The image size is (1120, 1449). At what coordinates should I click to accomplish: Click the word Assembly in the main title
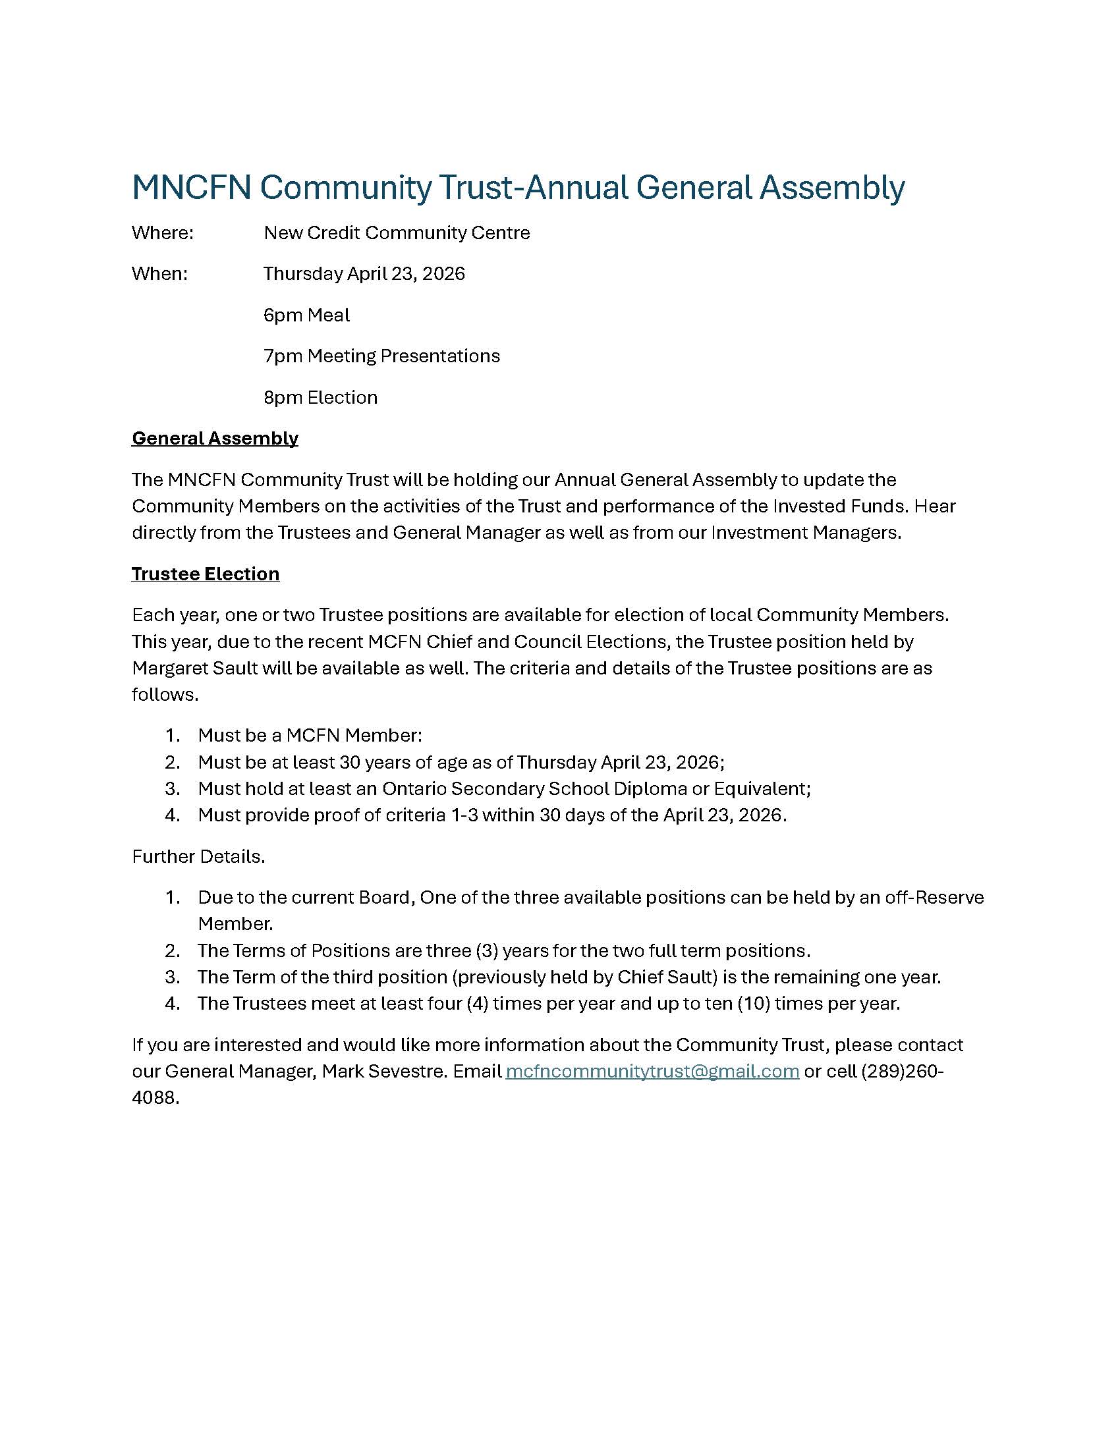[x=831, y=188]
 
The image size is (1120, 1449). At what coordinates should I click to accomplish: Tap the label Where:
[x=163, y=233]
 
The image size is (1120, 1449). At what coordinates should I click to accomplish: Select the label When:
[x=159, y=274]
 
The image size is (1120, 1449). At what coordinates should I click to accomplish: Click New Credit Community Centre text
[x=397, y=233]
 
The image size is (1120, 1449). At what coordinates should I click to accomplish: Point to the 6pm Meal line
[x=306, y=315]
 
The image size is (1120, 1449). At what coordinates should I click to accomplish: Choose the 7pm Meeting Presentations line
[x=381, y=356]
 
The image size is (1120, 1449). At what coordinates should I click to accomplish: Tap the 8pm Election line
[x=320, y=397]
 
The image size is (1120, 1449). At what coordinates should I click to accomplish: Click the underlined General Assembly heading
[x=215, y=439]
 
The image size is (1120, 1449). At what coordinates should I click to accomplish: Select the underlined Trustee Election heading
[x=205, y=574]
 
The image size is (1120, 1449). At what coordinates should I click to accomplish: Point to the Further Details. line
[x=198, y=856]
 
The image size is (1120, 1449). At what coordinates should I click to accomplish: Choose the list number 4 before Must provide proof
[x=172, y=815]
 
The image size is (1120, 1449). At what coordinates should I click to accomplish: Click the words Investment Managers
[x=806, y=533]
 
